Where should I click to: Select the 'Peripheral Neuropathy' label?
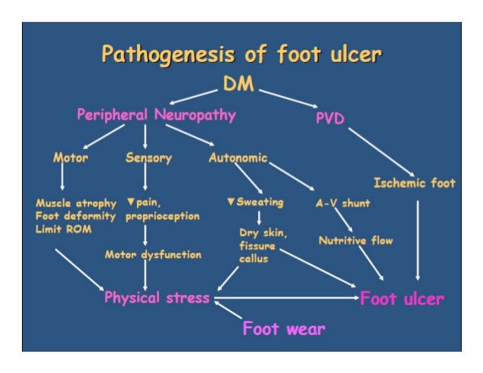tap(156, 115)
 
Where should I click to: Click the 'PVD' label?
tap(330, 120)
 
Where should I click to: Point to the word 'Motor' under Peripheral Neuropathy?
tap(70, 158)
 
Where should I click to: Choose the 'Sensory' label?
tap(148, 158)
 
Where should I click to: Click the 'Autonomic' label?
tap(238, 158)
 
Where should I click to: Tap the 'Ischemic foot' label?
tap(415, 183)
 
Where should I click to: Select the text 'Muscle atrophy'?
tap(76, 204)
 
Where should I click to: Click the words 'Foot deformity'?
tap(76, 216)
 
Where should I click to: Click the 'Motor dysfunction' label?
tap(153, 255)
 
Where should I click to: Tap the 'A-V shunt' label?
tap(343, 204)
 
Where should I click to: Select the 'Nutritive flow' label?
tap(356, 241)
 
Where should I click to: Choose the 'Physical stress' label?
tap(157, 297)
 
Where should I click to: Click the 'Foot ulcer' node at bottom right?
tap(401, 298)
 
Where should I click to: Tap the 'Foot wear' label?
tap(284, 329)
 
